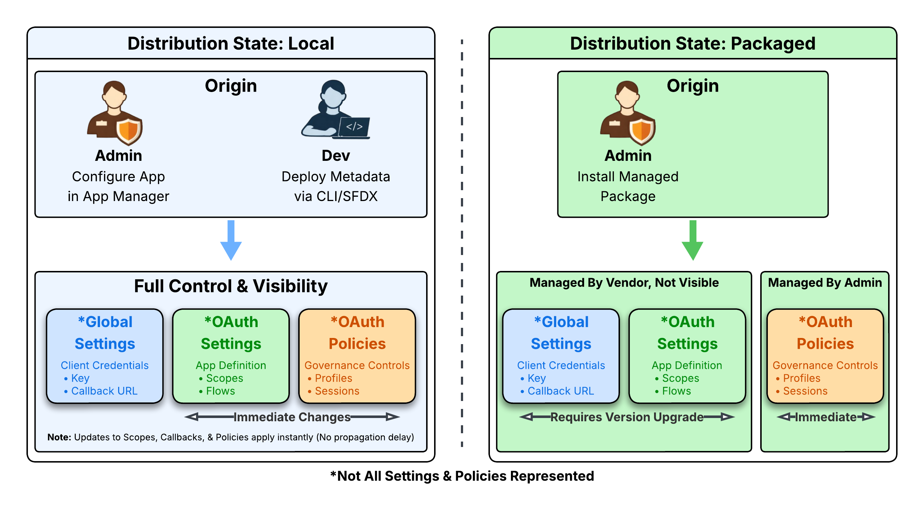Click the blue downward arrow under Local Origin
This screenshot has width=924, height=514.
pyautogui.click(x=231, y=241)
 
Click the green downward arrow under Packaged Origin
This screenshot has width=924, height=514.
pyautogui.click(x=692, y=241)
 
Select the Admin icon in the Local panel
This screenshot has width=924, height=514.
pyautogui.click(x=115, y=113)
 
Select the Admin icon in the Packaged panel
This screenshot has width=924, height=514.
pyautogui.click(x=628, y=113)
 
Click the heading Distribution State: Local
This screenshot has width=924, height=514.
pyautogui.click(x=231, y=43)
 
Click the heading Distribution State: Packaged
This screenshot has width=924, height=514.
pyautogui.click(x=692, y=43)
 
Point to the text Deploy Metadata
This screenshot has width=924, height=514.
pyautogui.click(x=336, y=177)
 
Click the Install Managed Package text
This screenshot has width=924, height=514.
pyautogui.click(x=628, y=186)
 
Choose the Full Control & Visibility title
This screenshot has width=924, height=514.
pyautogui.click(x=231, y=286)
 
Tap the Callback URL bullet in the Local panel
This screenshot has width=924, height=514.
pyautogui.click(x=104, y=391)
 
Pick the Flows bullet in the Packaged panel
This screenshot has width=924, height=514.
pyautogui.click(x=676, y=391)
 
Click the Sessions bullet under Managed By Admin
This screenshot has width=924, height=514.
pyautogui.click(x=805, y=391)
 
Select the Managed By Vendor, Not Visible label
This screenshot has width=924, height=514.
pyautogui.click(x=624, y=283)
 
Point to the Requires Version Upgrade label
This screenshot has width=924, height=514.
pyautogui.click(x=627, y=417)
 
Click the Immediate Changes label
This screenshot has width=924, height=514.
pyautogui.click(x=292, y=417)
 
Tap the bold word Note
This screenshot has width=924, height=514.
pyautogui.click(x=59, y=437)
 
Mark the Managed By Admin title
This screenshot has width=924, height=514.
pyautogui.click(x=825, y=283)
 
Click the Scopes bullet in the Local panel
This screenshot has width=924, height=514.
pyautogui.click(x=224, y=378)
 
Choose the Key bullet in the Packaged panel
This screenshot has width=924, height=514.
pyautogui.click(x=536, y=378)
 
